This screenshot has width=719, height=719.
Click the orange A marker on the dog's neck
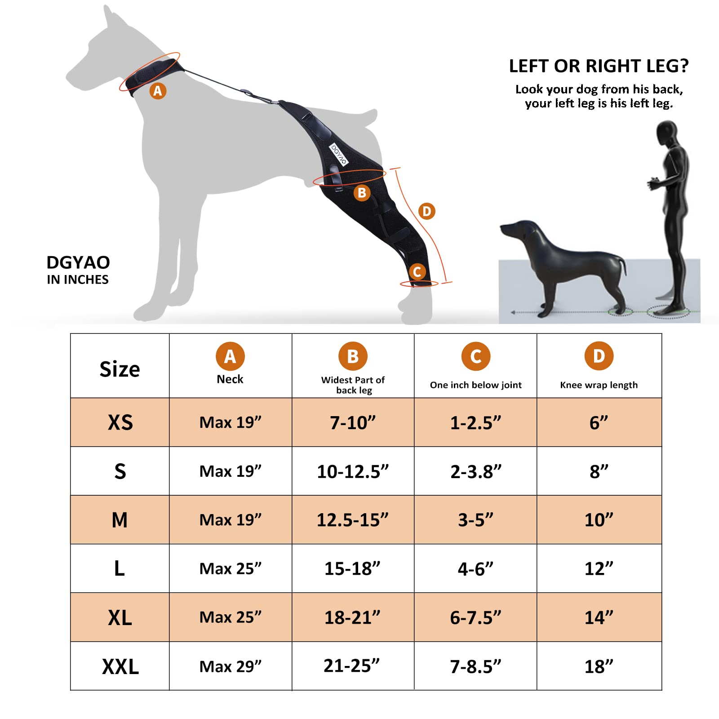[158, 91]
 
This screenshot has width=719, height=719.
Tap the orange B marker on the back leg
[362, 193]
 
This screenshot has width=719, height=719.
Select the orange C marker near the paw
[417, 271]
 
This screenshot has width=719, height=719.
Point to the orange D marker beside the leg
[426, 211]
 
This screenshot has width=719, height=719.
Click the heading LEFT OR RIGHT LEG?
[599, 66]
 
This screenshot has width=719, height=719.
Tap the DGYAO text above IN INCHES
[78, 262]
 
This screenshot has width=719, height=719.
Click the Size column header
[120, 369]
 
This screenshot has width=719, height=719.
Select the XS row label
[120, 422]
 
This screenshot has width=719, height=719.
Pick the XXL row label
[120, 666]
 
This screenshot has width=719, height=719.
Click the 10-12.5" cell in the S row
[353, 471]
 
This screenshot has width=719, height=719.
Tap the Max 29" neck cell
[231, 666]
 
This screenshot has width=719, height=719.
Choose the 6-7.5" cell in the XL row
[475, 617]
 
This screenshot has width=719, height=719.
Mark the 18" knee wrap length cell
[599, 666]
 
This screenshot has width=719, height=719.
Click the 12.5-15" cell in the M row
[353, 520]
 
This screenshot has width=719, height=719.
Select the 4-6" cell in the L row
[475, 569]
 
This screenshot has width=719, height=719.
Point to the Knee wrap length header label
[599, 385]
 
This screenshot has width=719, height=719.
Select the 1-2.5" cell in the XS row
[475, 423]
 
